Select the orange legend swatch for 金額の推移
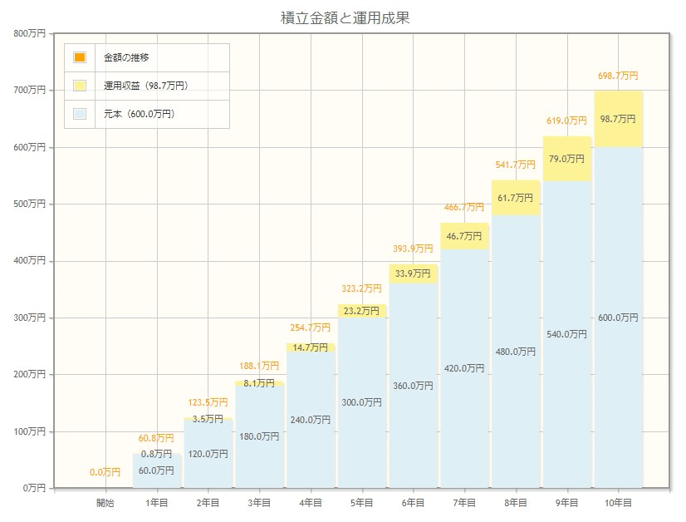pos(80,57)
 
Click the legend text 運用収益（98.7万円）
pos(145,86)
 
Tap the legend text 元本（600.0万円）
pos(139,114)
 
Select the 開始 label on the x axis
pos(105,503)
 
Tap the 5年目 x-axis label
pos(361,503)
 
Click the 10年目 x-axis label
pos(618,503)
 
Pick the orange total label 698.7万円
pos(618,76)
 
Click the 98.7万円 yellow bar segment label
pos(618,119)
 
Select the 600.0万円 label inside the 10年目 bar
pos(618,318)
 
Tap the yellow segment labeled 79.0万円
pos(566,159)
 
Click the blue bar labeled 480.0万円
pos(515,352)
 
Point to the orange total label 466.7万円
pos(463,207)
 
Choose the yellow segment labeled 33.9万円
pos(413,273)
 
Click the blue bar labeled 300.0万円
pos(361,402)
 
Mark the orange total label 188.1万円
pos(258,365)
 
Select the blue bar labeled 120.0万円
pos(208,454)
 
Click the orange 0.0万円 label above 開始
pos(105,472)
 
